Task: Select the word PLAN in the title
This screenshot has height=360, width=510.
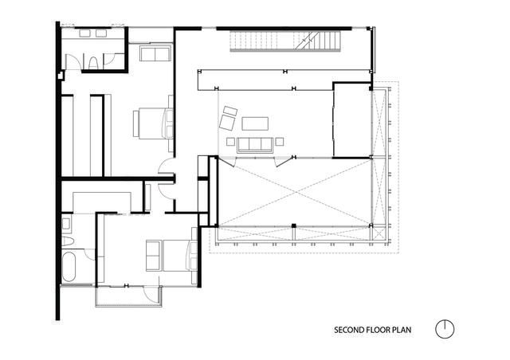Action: pos(402,330)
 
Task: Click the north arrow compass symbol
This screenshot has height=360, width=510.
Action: pos(445,329)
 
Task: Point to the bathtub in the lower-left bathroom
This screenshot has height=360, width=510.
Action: pos(69,267)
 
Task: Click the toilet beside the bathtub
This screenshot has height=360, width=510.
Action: pos(68,241)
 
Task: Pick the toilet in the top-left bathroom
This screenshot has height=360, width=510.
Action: pos(93,63)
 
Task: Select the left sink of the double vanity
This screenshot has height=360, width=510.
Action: pos(84,33)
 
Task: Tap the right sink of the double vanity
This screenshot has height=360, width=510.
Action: pos(101,33)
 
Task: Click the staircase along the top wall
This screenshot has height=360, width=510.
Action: pos(285,41)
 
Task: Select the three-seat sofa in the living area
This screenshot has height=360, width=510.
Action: pos(255,145)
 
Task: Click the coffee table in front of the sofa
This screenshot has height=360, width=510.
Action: pos(255,123)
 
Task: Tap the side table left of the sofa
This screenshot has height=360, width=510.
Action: pos(230,142)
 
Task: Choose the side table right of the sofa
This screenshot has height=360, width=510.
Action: pos(280,142)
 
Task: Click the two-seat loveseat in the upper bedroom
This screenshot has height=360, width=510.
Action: pos(155,53)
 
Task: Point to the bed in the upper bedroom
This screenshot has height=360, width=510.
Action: pos(153,123)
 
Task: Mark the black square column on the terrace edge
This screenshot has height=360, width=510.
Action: pos(294,225)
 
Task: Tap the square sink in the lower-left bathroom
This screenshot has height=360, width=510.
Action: pos(66,224)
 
